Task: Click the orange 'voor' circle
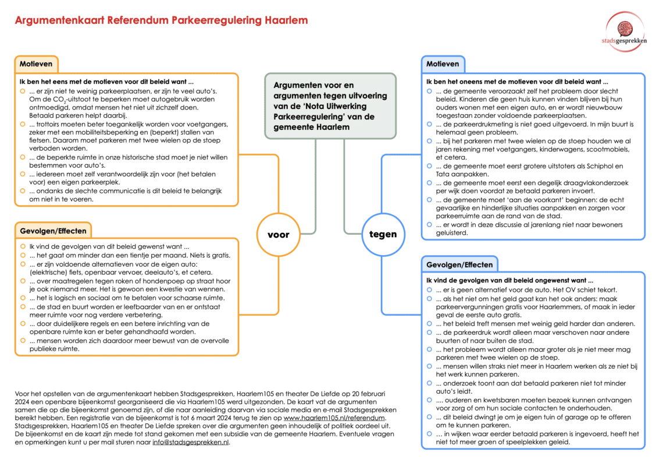277,235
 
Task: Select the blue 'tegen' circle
383,235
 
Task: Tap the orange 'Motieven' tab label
36,64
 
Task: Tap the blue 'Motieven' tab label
443,64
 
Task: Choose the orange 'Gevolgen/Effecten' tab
53,231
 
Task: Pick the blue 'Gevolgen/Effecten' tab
459,264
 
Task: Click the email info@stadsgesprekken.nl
190,442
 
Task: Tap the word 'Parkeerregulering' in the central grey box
308,116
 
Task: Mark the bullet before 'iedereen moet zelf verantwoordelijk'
22,174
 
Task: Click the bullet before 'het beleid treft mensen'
429,323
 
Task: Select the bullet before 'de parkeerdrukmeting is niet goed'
429,125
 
